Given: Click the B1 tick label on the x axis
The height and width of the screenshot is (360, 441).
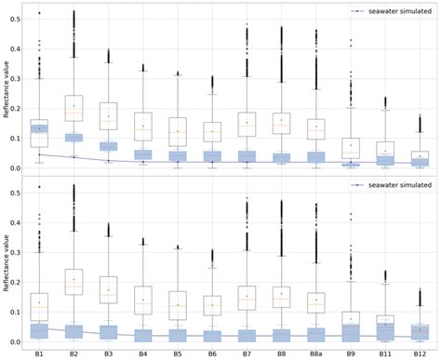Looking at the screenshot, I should (x=39, y=353).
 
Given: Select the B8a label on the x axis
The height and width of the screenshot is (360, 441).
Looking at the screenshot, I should (x=316, y=353).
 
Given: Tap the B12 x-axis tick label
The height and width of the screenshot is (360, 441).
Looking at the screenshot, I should (x=420, y=353).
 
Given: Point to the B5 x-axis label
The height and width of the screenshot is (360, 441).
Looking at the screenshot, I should (x=178, y=353).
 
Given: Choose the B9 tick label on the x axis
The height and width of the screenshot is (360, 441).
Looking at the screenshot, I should (x=351, y=353).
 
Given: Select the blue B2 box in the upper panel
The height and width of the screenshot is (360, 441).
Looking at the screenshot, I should (x=73, y=138).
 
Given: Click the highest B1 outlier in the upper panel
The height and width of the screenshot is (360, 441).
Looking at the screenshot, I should (x=39, y=13).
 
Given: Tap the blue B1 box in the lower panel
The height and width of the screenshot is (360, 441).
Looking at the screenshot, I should (x=39, y=330).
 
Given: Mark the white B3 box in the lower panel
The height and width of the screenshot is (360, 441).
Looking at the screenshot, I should (x=108, y=289).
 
